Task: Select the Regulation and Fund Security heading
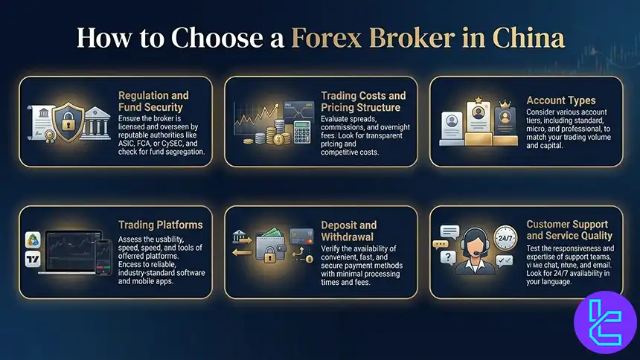tap(153, 101)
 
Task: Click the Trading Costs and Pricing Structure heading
tap(363, 101)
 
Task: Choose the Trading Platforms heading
tap(160, 225)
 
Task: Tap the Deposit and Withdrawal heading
tap(348, 231)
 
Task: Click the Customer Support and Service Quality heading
tap(567, 229)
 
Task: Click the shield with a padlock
tap(65, 120)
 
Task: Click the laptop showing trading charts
tap(71, 250)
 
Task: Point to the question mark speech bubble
tap(447, 257)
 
